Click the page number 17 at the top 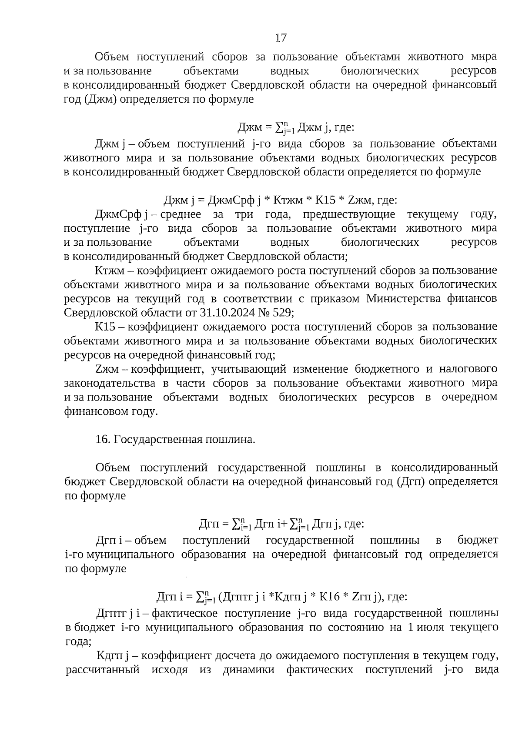[x=281, y=38]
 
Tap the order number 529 [x=284, y=313]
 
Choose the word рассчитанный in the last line [x=103, y=669]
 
